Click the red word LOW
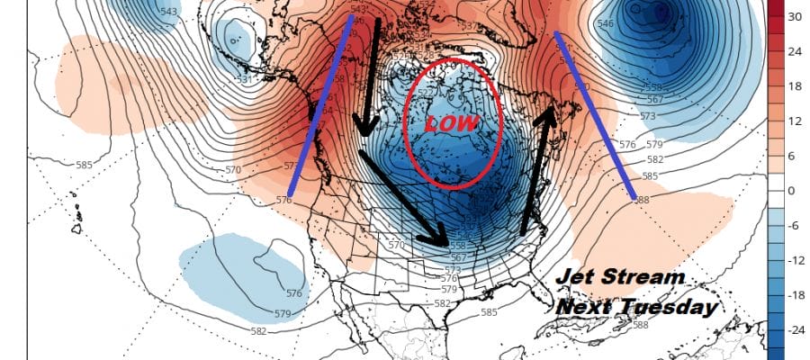[x=451, y=123]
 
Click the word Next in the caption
[x=587, y=306]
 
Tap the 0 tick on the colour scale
[x=792, y=191]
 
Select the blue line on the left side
[x=319, y=108]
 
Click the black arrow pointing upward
[x=536, y=171]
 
